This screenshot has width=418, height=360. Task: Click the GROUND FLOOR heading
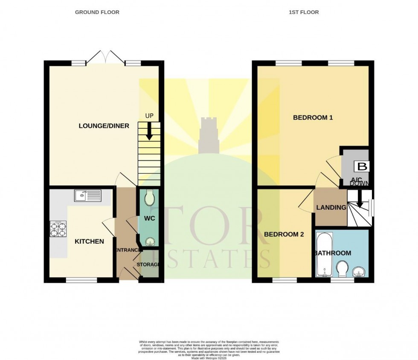(97, 12)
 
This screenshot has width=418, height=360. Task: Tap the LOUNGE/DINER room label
(104, 126)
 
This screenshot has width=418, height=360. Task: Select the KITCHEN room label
(89, 242)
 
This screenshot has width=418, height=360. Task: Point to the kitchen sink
(87, 196)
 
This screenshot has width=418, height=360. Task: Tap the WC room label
(149, 218)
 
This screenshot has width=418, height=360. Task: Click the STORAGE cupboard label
(148, 265)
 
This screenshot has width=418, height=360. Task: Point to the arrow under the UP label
(149, 132)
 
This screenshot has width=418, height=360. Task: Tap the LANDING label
(331, 207)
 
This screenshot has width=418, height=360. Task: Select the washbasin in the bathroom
(359, 271)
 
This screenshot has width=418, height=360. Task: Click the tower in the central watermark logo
(209, 134)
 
